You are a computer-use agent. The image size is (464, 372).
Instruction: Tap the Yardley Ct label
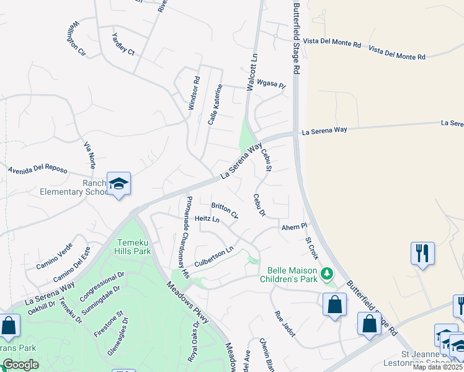123,43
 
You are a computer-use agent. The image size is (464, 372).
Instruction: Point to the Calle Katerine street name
215,105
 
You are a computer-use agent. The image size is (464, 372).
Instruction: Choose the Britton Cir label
225,211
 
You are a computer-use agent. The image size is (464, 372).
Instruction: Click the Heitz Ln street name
207,219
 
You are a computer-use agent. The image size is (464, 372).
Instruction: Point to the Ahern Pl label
294,227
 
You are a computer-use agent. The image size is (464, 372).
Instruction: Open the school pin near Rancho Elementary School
118,184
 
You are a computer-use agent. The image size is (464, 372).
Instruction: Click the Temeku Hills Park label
133,247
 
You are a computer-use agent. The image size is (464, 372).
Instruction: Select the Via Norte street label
90,155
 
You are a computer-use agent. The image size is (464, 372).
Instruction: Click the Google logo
20,365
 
